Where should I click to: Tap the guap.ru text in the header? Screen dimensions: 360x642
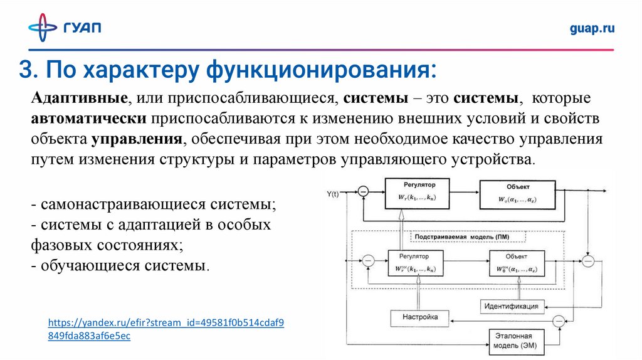(x=592, y=28)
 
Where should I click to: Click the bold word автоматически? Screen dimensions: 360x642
(x=88, y=119)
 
